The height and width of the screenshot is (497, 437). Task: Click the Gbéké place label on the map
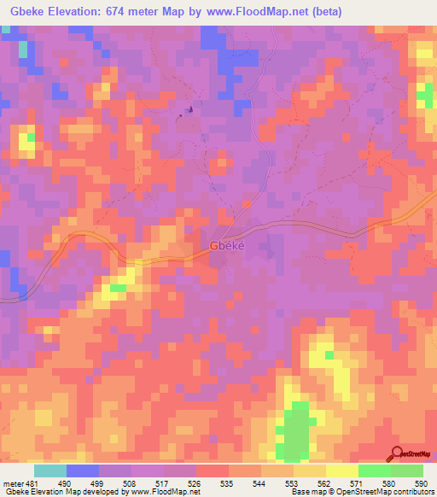pos(227,246)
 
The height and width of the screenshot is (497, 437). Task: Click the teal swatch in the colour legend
pos(50,471)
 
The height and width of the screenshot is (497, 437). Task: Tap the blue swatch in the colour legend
pos(83,471)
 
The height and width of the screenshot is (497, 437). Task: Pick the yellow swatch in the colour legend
pos(342,471)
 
